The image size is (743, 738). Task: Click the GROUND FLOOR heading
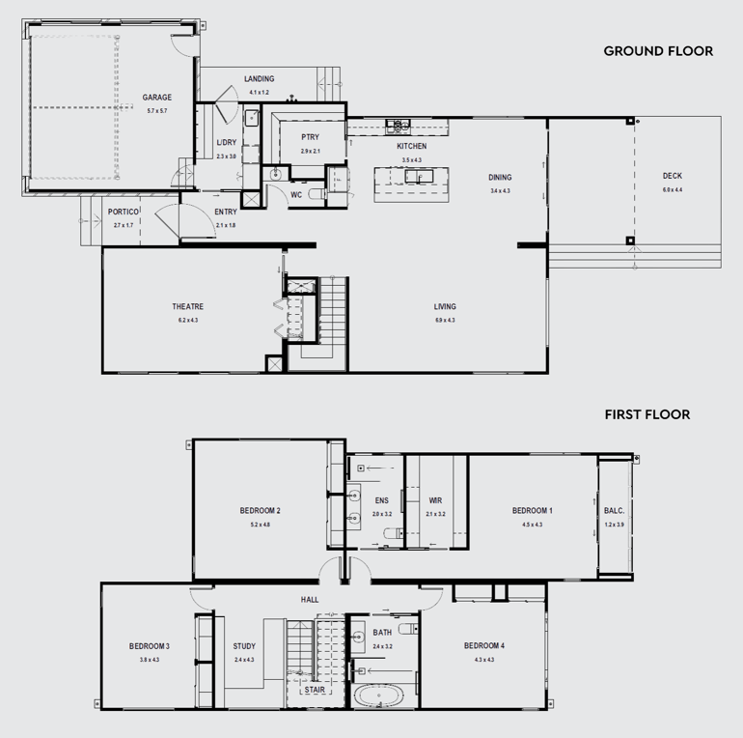[658, 51]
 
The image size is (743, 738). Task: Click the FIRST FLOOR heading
[647, 414]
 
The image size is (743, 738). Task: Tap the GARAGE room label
[156, 98]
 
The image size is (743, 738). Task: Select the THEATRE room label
[188, 307]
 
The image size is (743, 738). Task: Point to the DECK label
[672, 176]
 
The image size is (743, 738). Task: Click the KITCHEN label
[412, 147]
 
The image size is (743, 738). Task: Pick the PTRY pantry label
[310, 138]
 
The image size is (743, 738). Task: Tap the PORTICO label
[124, 212]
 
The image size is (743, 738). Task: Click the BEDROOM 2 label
[260, 511]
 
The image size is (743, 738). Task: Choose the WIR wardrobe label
[435, 500]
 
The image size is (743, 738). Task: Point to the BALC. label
[614, 511]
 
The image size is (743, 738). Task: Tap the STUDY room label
[244, 646]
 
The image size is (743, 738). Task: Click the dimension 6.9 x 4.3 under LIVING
[444, 320]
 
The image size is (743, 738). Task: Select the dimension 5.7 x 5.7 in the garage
[156, 111]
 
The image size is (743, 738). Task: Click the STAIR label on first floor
[315, 691]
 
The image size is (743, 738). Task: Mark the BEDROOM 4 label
[483, 646]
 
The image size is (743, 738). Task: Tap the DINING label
[500, 178]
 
